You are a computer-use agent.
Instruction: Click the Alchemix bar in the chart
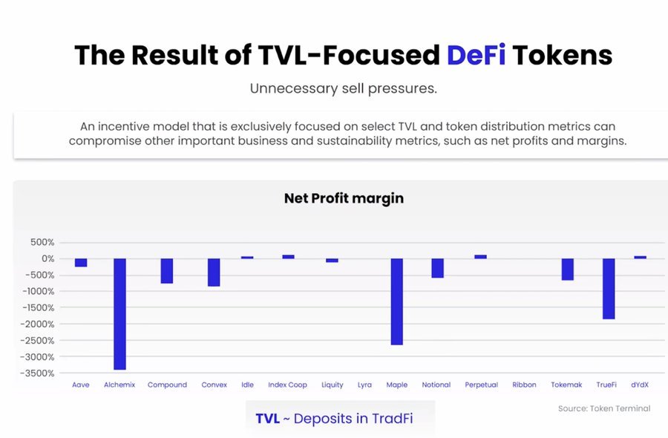(x=119, y=313)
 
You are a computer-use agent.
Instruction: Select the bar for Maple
(x=397, y=301)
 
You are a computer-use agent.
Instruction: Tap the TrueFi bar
(x=609, y=288)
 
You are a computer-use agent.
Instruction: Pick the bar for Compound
(x=167, y=271)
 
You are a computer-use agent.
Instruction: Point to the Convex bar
(x=214, y=272)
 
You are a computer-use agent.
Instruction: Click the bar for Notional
(x=437, y=268)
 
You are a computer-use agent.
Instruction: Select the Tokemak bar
(x=568, y=269)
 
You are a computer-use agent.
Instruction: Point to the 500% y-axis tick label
(x=42, y=243)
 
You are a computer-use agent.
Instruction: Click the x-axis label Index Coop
(x=287, y=385)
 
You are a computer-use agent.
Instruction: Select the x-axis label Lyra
(x=364, y=385)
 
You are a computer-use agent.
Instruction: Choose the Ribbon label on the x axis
(x=524, y=385)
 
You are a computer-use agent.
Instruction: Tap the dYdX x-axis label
(x=640, y=385)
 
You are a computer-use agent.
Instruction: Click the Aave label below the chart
(x=81, y=385)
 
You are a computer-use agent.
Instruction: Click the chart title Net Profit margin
(x=344, y=198)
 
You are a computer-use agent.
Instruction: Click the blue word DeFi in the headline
(x=476, y=55)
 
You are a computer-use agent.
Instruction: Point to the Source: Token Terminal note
(x=604, y=408)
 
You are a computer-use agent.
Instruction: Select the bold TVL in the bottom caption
(x=267, y=418)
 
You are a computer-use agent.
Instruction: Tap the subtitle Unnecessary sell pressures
(x=343, y=89)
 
